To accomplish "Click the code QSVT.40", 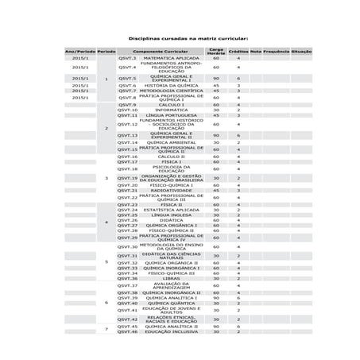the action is tap(127, 303).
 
